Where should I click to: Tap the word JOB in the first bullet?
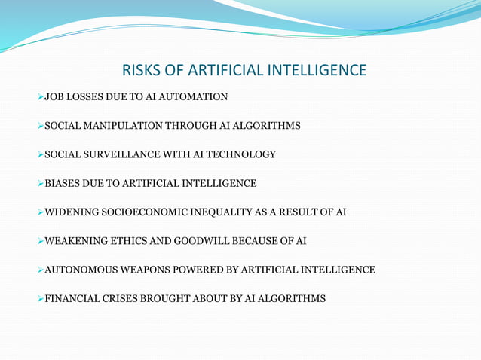coord(56,97)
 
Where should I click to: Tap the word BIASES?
coord(63,183)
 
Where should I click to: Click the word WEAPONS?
coord(139,270)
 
